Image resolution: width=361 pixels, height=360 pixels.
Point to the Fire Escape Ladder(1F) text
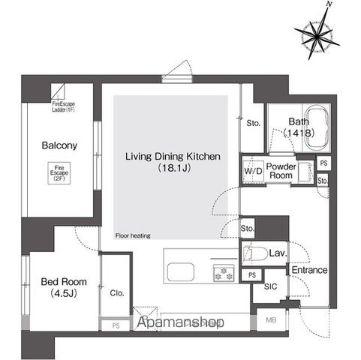pos(62,106)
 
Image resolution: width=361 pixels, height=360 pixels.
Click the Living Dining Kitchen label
pos(172,157)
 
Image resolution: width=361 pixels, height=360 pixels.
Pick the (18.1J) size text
pos(172,169)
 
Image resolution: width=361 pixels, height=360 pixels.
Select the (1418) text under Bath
pos(298,133)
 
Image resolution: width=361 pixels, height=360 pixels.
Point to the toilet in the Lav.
pos(253,253)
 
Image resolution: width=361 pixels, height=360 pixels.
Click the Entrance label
pos(308,270)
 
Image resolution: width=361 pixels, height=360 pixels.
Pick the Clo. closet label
pos(116,293)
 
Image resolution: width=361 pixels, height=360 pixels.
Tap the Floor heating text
pos(133,235)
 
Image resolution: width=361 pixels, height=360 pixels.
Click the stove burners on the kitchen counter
pos(224,271)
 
